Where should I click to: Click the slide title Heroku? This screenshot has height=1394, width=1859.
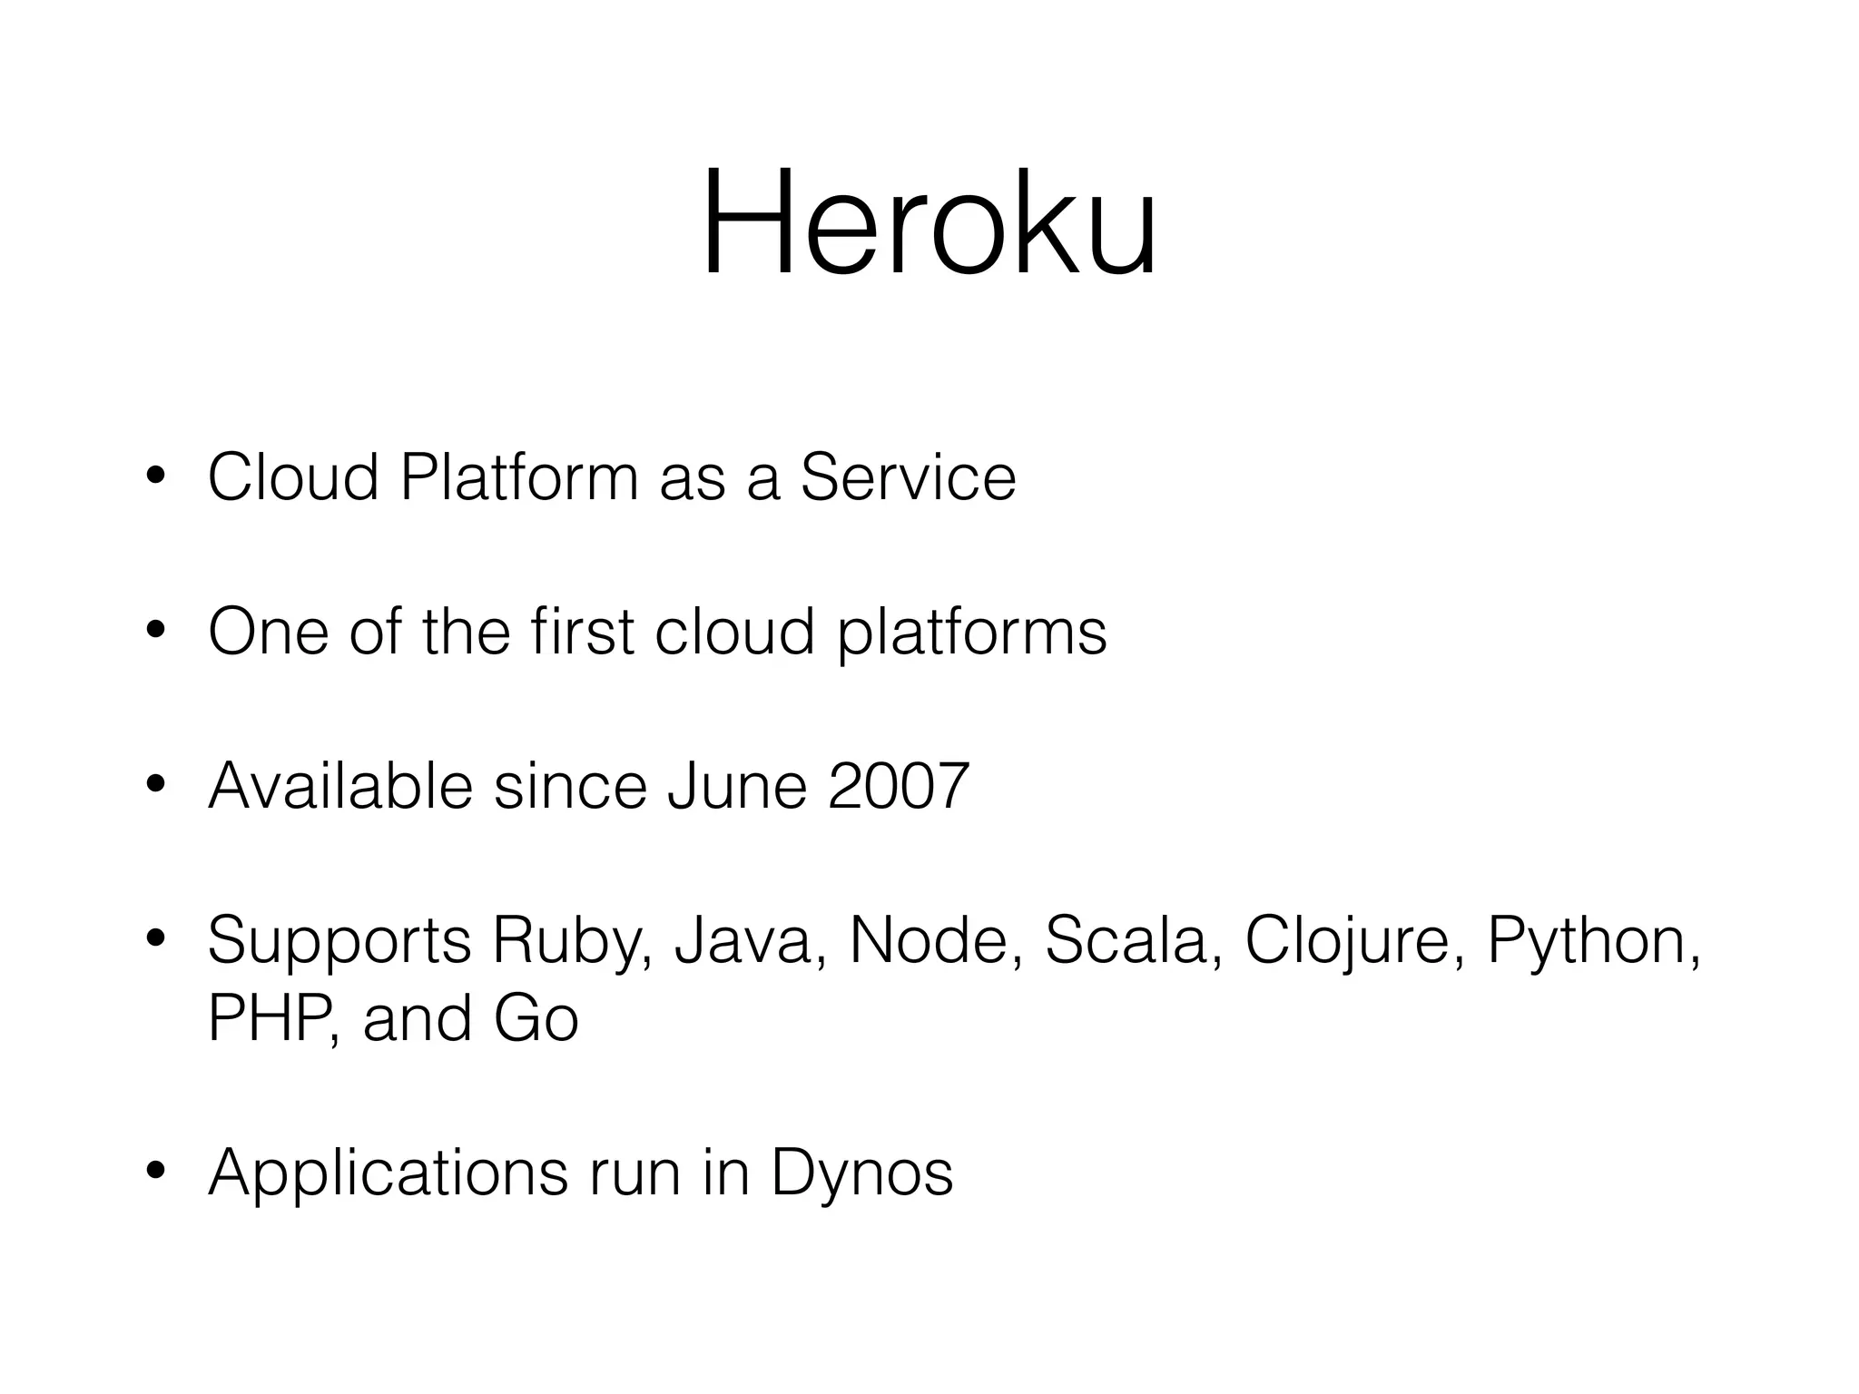929,223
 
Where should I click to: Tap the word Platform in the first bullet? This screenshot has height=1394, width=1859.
519,477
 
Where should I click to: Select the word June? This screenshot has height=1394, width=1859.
736,786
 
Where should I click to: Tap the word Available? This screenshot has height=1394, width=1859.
340,786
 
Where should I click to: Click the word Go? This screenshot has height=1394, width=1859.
536,1018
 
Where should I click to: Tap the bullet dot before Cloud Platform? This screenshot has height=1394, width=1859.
156,477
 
